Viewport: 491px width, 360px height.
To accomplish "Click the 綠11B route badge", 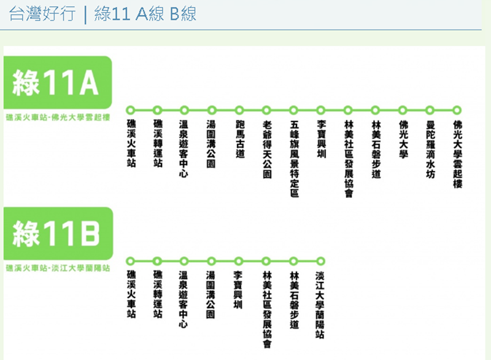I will pos(56,233).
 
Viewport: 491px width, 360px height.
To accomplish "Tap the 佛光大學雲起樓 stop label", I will pos(457,154).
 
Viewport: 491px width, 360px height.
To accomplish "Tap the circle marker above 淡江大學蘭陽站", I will pos(320,260).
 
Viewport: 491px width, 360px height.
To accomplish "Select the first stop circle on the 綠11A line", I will pos(130,110).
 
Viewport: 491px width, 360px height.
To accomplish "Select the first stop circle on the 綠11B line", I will pos(130,260).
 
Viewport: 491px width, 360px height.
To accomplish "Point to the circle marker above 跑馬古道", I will pos(239,110).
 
